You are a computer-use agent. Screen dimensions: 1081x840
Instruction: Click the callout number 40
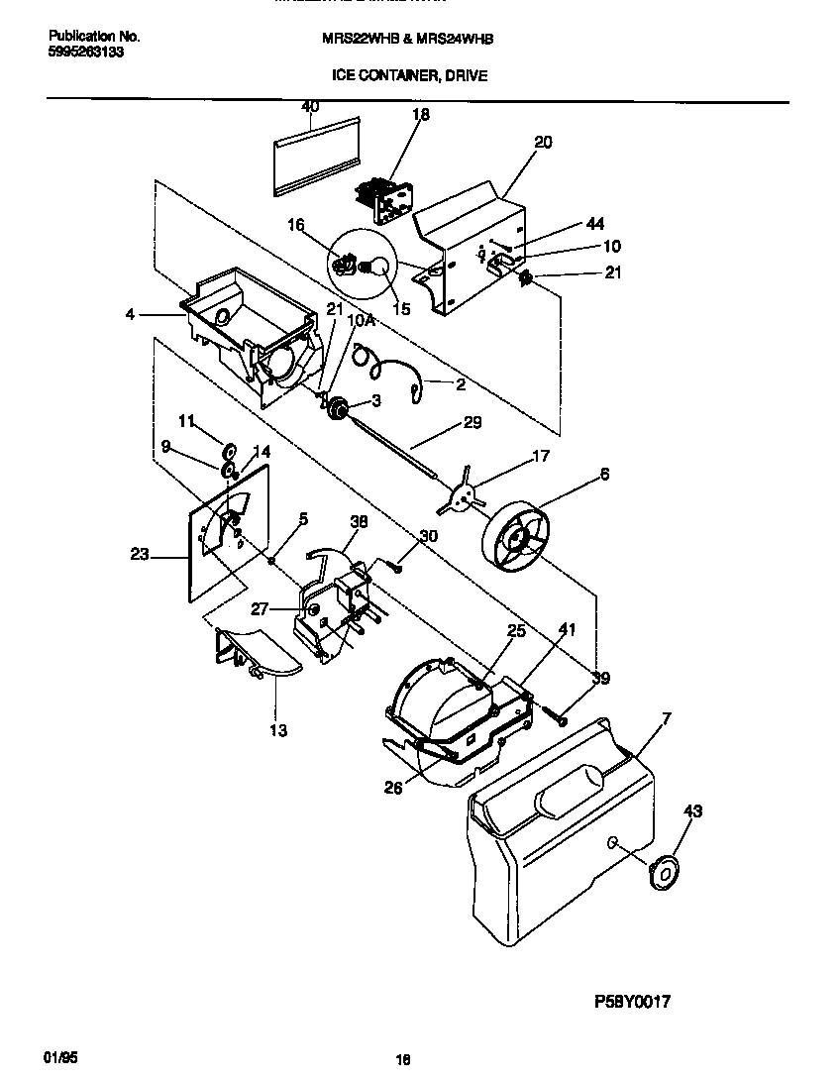[x=310, y=106]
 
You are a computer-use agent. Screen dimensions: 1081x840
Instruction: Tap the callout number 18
[x=421, y=115]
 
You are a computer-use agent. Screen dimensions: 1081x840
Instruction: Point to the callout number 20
[x=542, y=142]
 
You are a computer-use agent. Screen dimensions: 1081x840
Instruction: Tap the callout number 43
[x=692, y=811]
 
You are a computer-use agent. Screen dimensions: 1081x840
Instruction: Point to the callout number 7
[x=666, y=717]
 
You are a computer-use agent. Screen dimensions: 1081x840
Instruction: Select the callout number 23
[x=140, y=555]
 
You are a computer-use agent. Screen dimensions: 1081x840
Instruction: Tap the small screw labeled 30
[x=395, y=568]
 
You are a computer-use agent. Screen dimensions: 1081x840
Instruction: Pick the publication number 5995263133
[x=86, y=53]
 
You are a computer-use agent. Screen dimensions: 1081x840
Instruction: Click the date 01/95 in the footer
[x=60, y=1057]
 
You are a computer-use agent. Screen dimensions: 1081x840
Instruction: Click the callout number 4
[x=130, y=314]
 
